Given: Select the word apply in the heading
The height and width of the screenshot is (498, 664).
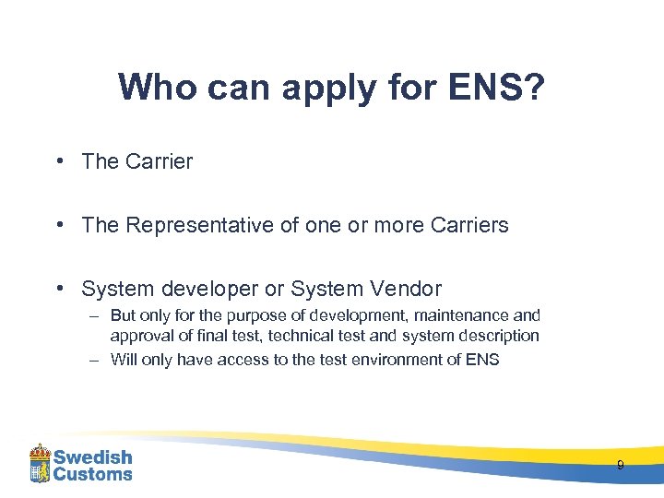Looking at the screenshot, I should coord(319,89).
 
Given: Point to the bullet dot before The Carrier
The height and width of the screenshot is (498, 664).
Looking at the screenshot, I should coord(58,161).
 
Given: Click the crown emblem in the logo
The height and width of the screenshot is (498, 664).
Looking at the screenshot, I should coord(40,464).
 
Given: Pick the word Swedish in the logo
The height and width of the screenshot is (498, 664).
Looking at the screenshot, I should coord(92,457).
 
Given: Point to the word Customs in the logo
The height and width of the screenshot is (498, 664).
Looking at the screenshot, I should coord(92,474).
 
